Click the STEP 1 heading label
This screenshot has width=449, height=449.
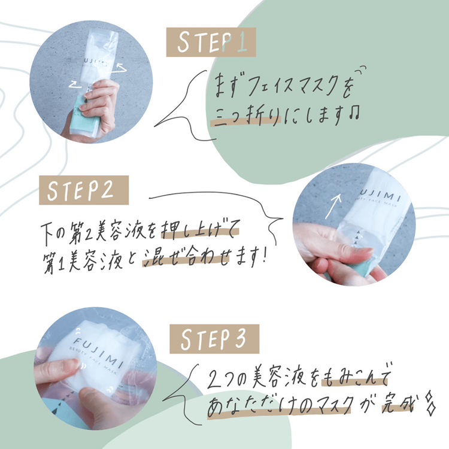[x=211, y=44]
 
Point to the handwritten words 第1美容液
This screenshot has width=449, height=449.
[x=78, y=259]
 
